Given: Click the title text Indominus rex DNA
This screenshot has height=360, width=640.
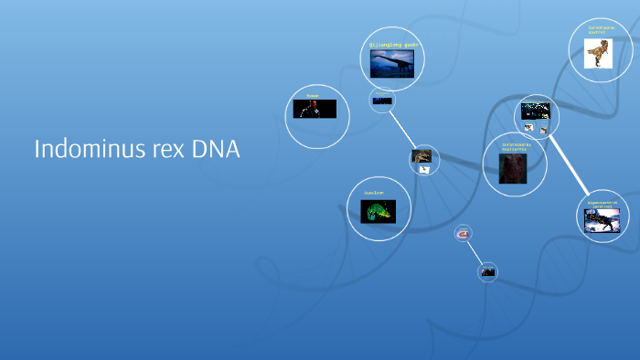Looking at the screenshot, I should coord(137,149).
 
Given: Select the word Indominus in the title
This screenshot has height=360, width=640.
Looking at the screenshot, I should coord(82,149).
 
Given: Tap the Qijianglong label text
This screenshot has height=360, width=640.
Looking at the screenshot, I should coord(392,44).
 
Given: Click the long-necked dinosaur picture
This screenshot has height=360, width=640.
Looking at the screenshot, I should coord(392,62).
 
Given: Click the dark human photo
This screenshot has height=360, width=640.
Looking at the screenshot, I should coord(315,109).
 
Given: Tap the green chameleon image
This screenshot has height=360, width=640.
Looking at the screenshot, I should coord(379,212).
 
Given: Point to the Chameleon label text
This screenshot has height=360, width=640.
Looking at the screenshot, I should coord(374,194).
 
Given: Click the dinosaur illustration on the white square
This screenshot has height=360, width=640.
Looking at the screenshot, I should coord(598,54).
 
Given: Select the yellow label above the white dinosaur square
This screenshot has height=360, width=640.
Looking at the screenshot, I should coord(601,31).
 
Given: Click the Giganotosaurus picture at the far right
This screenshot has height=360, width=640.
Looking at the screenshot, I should coord(603,220).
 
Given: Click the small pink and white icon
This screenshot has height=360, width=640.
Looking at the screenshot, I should coord(464,234).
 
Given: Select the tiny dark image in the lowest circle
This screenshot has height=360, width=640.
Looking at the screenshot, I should coord(488,271).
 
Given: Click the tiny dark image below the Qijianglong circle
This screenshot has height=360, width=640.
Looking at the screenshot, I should coord(382,100).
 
